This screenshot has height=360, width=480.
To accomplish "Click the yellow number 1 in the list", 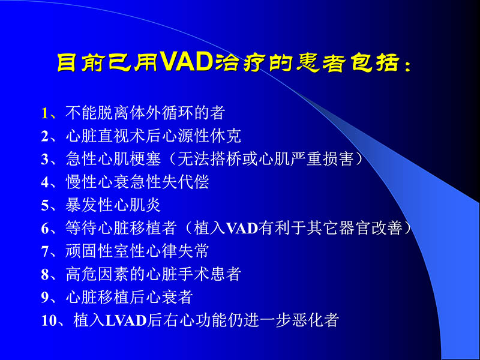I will tap(45, 112).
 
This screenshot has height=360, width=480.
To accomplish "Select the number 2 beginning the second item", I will tap(45, 136).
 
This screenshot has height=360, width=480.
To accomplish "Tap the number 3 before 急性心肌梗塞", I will tap(45, 160).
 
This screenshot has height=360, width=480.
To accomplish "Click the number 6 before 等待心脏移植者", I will tap(45, 229).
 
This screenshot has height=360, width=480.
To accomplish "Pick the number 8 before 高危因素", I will tap(45, 275).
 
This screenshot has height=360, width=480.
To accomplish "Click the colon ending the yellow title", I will tap(409, 64).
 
